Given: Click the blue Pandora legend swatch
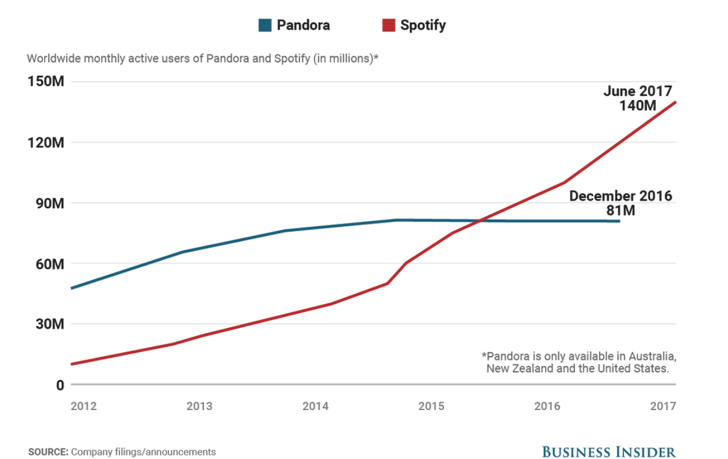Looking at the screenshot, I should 265,25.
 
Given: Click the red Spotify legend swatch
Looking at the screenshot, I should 388,25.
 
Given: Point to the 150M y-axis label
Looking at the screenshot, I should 46,82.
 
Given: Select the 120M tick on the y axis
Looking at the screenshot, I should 46,142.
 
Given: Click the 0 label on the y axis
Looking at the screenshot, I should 60,385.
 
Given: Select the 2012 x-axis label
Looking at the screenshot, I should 84,406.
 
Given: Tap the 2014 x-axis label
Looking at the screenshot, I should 316,406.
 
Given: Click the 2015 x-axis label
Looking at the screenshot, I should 432,406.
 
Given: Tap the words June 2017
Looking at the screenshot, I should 637,91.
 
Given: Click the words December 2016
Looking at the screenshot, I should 620,196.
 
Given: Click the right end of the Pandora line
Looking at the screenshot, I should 619,221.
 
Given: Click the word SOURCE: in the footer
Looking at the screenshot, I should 47,452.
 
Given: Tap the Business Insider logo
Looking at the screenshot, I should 608,451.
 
